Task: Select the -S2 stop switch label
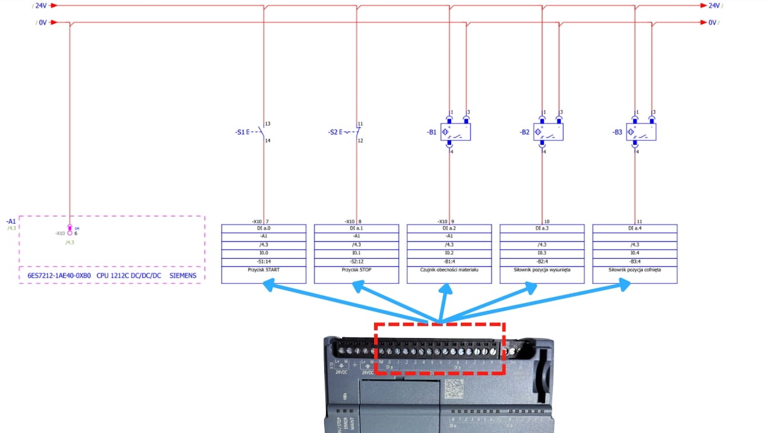[x=334, y=132]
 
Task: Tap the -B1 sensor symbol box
[x=456, y=132]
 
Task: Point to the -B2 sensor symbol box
[x=549, y=132]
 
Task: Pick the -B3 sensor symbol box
[x=641, y=132]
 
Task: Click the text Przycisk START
[x=264, y=270]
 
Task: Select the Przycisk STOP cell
[x=357, y=270]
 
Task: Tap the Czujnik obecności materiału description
[x=449, y=270]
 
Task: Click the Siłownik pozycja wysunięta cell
[x=542, y=270]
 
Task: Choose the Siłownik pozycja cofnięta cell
[x=635, y=270]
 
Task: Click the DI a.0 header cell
[x=264, y=229]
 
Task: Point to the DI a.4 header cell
[x=635, y=229]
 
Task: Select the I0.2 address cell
[x=449, y=253]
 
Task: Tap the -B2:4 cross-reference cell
[x=542, y=262]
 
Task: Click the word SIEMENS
[x=183, y=276]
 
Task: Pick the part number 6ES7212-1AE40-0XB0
[x=59, y=276]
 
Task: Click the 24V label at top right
[x=714, y=5]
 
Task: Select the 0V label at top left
[x=43, y=23]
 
